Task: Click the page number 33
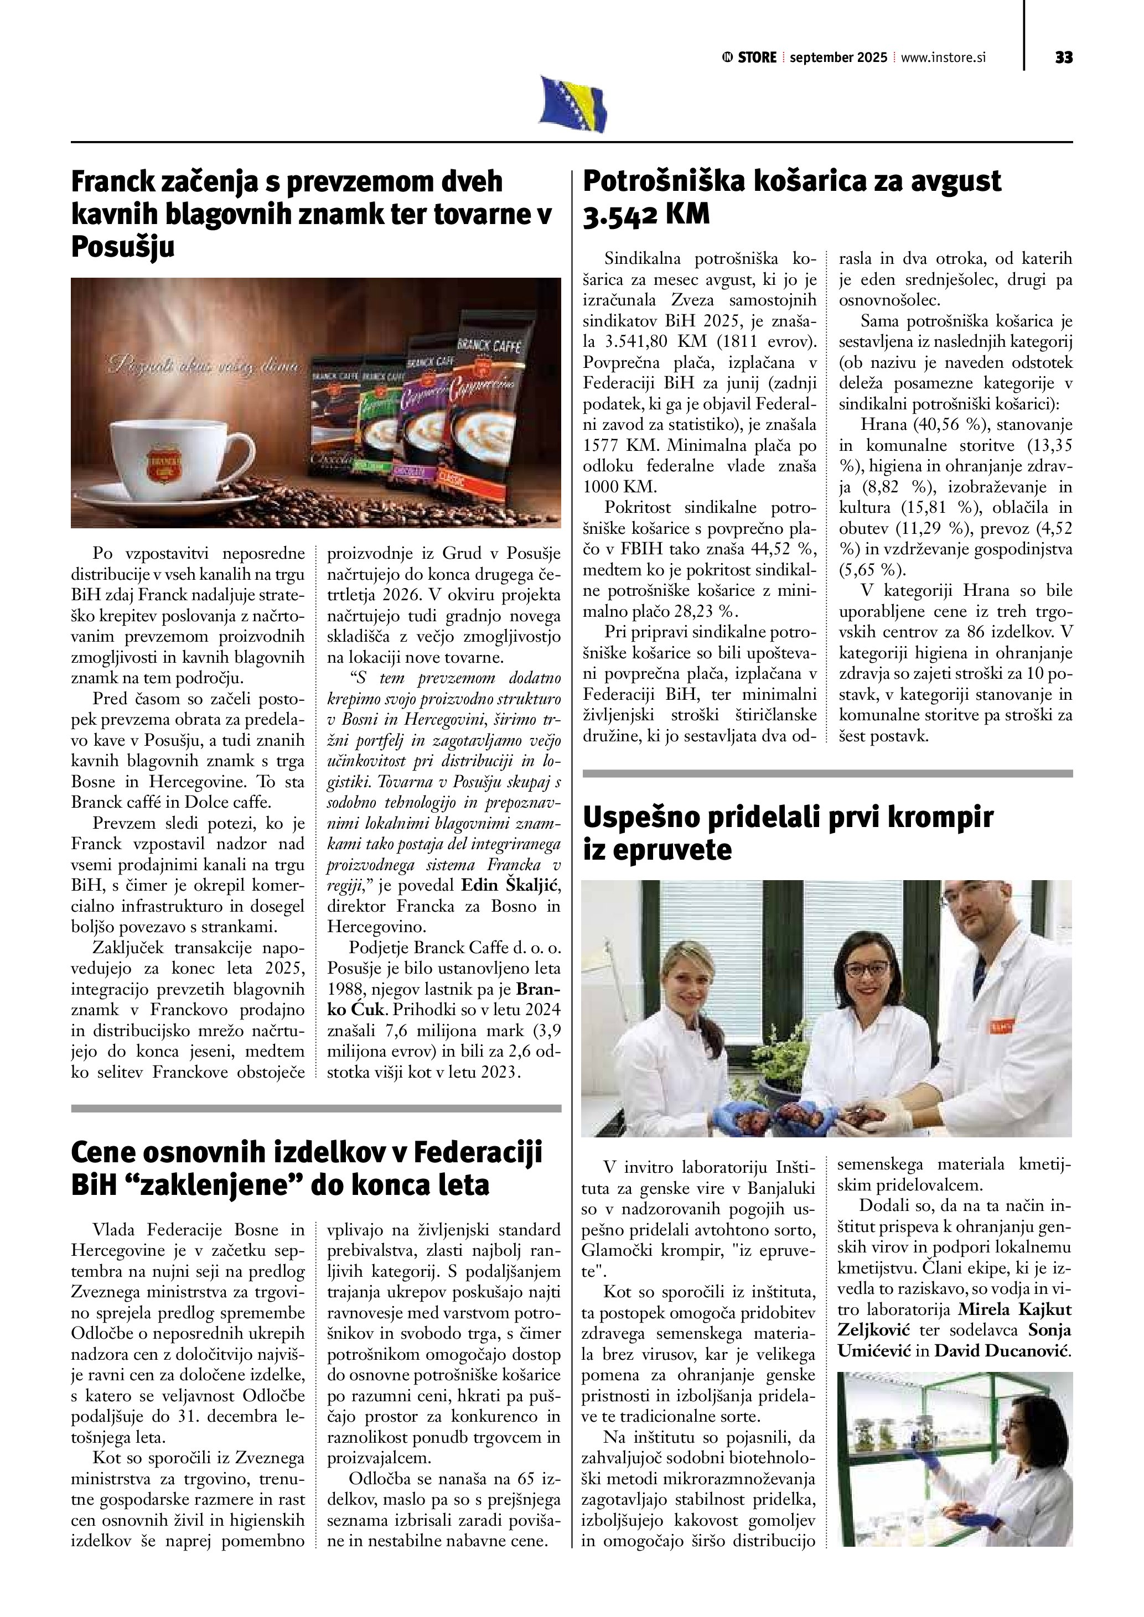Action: [1064, 58]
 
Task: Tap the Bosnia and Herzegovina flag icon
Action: [573, 104]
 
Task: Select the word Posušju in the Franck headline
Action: [122, 247]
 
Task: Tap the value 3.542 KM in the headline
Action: [646, 214]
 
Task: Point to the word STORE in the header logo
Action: [757, 58]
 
